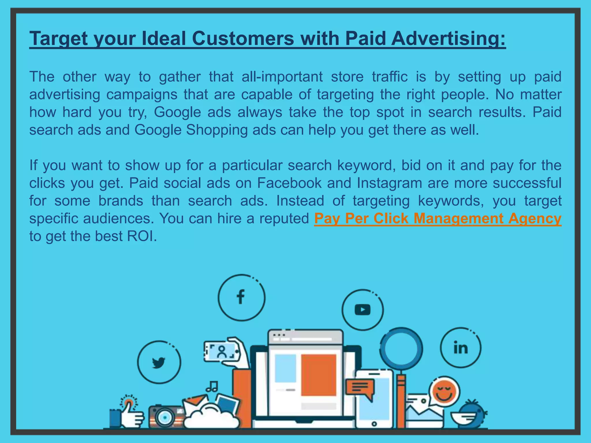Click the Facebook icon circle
[241, 297]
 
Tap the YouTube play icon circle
[363, 310]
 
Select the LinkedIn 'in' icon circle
[461, 348]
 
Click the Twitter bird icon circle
[159, 362]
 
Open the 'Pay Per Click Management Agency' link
[437, 218]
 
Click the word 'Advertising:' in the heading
[448, 38]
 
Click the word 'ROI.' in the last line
[142, 236]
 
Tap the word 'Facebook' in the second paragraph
[289, 183]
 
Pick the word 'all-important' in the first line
[282, 77]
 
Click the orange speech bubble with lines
[360, 387]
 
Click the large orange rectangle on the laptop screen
[319, 375]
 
